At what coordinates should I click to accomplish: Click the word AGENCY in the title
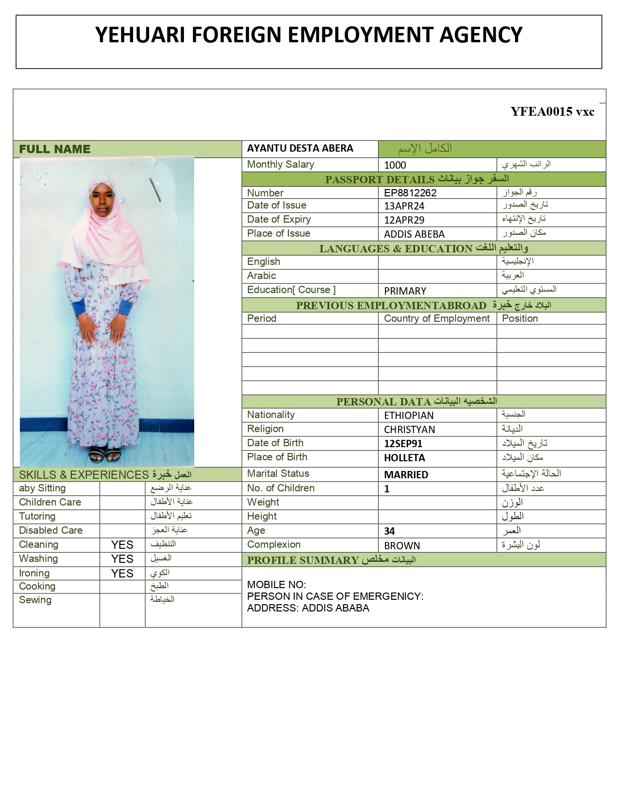[x=481, y=35]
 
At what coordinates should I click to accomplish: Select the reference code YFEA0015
[x=541, y=112]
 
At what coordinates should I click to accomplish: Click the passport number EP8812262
[x=410, y=193]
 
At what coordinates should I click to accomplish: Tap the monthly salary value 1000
[x=395, y=165]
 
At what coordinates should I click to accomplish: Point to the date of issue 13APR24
[x=404, y=206]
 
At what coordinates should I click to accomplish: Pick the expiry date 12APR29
[x=404, y=220]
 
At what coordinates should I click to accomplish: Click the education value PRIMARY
[x=405, y=291]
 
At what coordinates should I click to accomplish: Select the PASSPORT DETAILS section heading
[x=380, y=179]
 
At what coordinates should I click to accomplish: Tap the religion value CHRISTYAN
[x=409, y=430]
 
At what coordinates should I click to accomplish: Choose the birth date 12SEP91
[x=403, y=444]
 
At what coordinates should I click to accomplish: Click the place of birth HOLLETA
[x=404, y=458]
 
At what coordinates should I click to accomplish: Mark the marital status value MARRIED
[x=406, y=475]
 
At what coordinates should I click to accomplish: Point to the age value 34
[x=389, y=531]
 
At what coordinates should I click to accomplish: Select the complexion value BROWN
[x=402, y=546]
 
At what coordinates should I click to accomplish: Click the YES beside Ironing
[x=122, y=574]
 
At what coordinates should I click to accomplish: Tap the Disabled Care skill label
[x=50, y=530]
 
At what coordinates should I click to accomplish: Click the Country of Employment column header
[x=437, y=318]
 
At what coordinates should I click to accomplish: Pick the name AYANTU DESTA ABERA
[x=300, y=148]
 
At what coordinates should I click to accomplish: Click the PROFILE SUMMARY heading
[x=302, y=560]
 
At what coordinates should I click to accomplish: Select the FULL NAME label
[x=54, y=149]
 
